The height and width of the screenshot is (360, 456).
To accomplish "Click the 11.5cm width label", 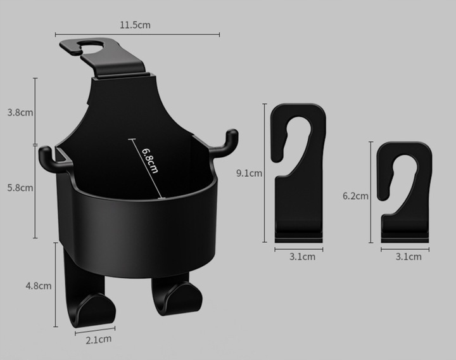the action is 136,25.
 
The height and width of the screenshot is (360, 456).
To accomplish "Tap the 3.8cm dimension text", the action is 20,112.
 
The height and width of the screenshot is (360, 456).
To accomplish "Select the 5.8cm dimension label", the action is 20,188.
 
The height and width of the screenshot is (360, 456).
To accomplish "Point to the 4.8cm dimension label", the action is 39,286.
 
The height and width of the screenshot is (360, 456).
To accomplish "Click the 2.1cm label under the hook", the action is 99,340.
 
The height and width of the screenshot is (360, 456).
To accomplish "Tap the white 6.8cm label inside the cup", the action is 150,161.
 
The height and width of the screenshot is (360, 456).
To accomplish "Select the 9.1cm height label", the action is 250,173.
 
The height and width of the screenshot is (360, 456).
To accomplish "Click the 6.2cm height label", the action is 355,196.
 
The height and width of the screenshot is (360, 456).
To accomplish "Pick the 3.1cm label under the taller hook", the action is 302,257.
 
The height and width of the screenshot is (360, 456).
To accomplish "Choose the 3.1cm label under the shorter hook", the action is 408,257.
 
